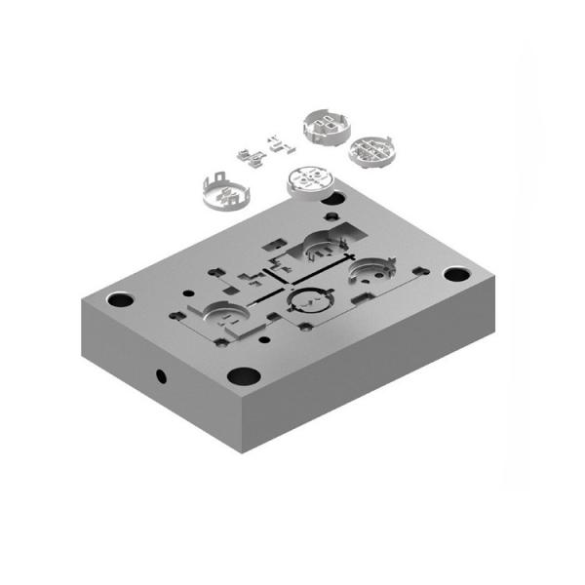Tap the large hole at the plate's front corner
pos(241,374)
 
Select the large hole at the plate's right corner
pos(455,274)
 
